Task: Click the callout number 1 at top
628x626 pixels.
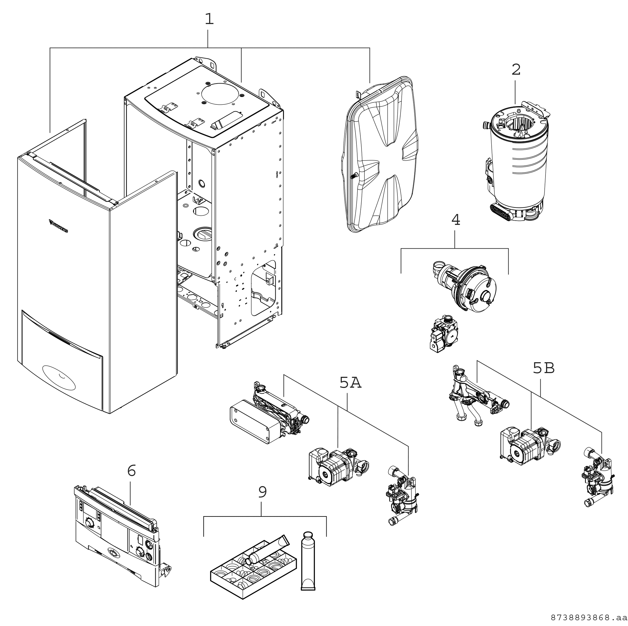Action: pyautogui.click(x=209, y=19)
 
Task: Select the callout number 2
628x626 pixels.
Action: pyautogui.click(x=516, y=70)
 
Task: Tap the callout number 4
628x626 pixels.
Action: pyautogui.click(x=456, y=220)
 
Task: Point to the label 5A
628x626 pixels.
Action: pyautogui.click(x=350, y=383)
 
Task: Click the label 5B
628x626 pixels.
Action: pyautogui.click(x=544, y=368)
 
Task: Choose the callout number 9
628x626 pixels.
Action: pyautogui.click(x=262, y=492)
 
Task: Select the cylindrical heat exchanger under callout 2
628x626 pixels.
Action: pyautogui.click(x=517, y=162)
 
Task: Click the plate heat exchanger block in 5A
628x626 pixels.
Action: pyautogui.click(x=254, y=422)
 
